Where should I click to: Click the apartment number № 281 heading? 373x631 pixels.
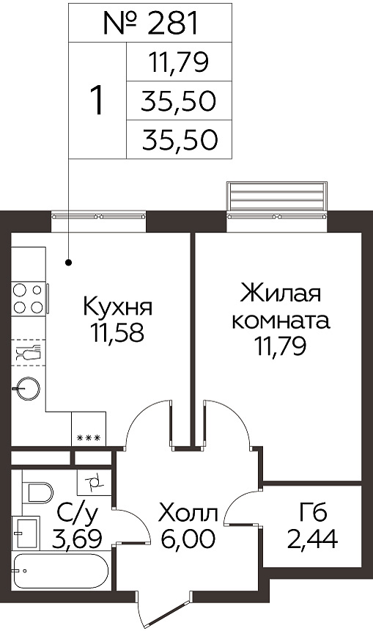click(x=150, y=23)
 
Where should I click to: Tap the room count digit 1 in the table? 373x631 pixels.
click(x=97, y=101)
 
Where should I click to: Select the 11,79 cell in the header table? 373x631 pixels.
click(x=179, y=62)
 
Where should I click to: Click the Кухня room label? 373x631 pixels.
click(x=118, y=307)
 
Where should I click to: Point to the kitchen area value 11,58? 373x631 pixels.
click(x=117, y=332)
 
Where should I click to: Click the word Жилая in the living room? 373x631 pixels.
click(x=280, y=293)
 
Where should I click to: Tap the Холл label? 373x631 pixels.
click(x=188, y=514)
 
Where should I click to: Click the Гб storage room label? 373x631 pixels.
click(x=313, y=514)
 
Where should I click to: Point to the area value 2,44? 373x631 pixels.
click(x=312, y=539)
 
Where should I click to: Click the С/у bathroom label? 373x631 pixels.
click(x=77, y=514)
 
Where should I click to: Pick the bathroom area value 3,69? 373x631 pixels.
click(x=76, y=539)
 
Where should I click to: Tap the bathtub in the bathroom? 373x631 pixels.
click(x=60, y=572)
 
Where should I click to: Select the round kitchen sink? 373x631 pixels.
click(x=28, y=388)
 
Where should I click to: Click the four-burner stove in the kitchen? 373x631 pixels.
click(x=28, y=299)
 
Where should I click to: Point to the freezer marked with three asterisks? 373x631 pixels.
click(x=89, y=428)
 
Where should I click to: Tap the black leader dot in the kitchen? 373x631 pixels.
click(x=69, y=263)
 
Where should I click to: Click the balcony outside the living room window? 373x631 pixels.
click(x=277, y=196)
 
